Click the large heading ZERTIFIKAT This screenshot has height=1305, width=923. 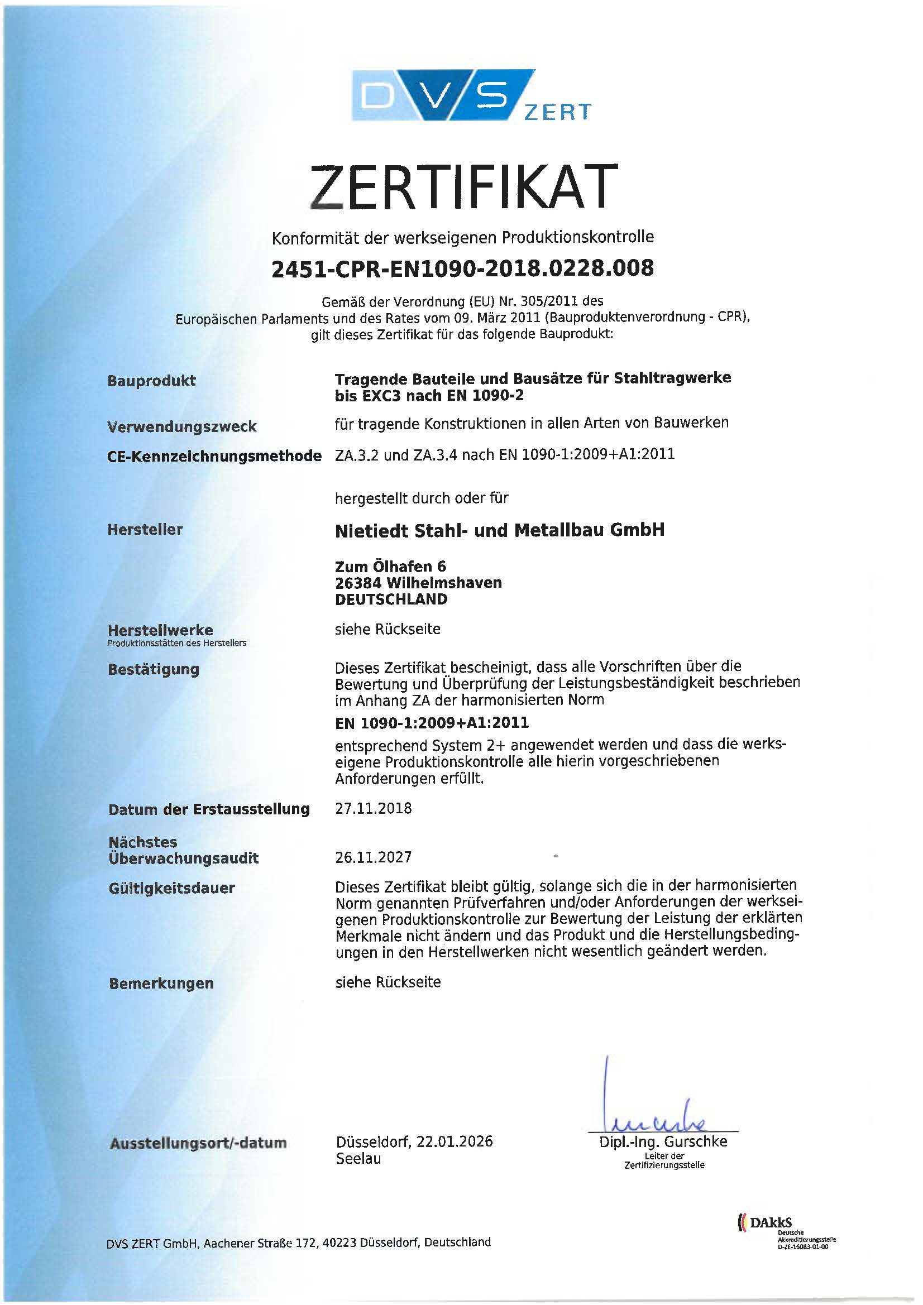tap(463, 186)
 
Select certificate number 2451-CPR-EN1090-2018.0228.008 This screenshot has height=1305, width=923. tap(463, 268)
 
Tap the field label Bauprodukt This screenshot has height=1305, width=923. tap(151, 380)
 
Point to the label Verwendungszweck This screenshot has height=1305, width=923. tap(182, 426)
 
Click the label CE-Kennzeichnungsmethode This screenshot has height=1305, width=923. tap(214, 456)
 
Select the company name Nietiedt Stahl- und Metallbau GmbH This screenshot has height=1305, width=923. tap(499, 530)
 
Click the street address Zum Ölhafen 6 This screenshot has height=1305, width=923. tap(391, 566)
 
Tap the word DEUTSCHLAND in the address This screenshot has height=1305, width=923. tap(391, 599)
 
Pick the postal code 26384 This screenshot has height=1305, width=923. tap(358, 583)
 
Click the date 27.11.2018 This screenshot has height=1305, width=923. tap(373, 808)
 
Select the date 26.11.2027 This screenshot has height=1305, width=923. tap(373, 857)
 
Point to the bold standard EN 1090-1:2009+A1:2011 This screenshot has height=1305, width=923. tap(432, 722)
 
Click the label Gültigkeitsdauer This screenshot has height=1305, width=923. tap(172, 888)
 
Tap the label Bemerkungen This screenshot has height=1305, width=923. tap(161, 983)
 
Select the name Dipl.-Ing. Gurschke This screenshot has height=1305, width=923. tap(663, 1141)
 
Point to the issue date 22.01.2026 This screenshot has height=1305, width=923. tap(455, 1141)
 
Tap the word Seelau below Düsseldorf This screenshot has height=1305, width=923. tap(358, 1158)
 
